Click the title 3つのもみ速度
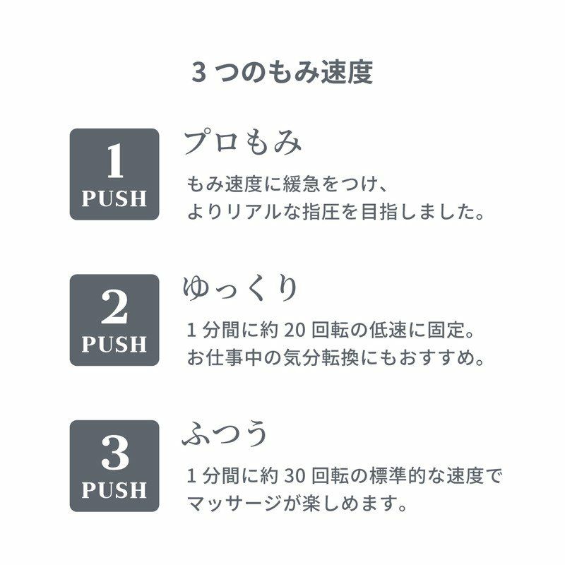[x=282, y=73]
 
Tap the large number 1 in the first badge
[x=114, y=162]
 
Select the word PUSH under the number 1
[x=114, y=199]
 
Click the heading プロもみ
[x=242, y=143]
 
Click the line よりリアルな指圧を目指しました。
[x=336, y=212]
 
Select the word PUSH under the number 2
[x=114, y=345]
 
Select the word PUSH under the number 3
[x=114, y=490]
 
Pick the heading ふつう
[x=226, y=434]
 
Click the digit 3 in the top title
[x=198, y=73]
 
